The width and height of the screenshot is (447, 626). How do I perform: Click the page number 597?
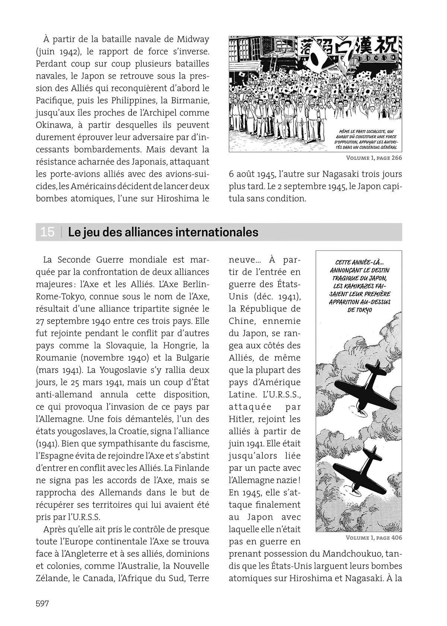coord(42,604)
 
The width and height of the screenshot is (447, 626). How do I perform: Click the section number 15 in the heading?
coord(47,232)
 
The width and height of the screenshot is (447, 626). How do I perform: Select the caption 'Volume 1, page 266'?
coord(374,158)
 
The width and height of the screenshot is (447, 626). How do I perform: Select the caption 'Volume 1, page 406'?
coord(374,538)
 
